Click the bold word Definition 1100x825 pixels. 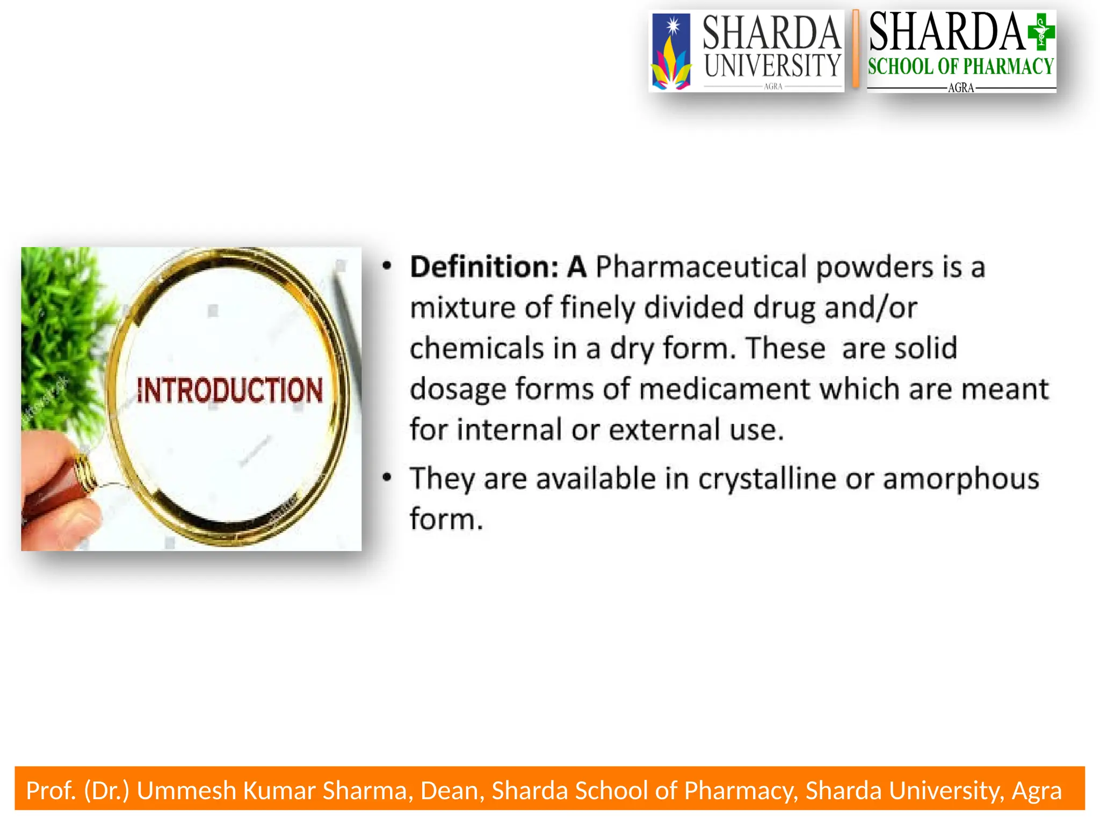coord(484,267)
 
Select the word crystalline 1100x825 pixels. coord(767,479)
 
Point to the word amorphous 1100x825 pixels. coord(961,479)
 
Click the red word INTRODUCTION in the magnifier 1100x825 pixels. coord(230,390)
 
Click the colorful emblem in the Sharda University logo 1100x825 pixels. coord(671,54)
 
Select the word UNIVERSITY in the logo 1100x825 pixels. coord(772,66)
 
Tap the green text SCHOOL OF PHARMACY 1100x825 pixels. coord(961,67)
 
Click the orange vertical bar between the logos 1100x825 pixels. coord(856,49)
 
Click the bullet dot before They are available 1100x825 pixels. coord(387,477)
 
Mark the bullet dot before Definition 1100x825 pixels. coord(387,266)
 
